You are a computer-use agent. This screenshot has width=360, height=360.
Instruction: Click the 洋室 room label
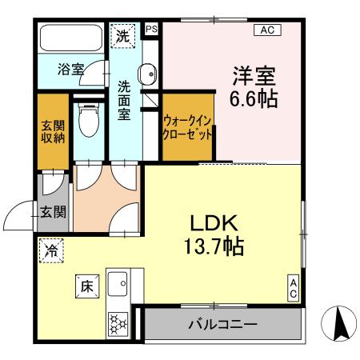click(254, 78)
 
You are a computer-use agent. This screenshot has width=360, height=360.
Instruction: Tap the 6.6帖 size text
click(254, 101)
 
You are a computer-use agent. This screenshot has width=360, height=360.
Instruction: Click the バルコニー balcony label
click(222, 325)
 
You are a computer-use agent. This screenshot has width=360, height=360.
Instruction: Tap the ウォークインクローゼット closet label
click(188, 127)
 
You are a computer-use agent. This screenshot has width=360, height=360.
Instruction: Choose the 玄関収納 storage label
click(53, 131)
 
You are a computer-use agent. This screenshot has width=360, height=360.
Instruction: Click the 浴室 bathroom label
click(70, 70)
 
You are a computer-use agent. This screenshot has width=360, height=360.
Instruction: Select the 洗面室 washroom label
click(125, 100)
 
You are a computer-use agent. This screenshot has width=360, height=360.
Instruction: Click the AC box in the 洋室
click(266, 30)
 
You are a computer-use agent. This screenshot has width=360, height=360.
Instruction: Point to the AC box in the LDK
click(294, 289)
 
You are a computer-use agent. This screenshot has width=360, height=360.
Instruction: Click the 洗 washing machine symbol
click(123, 36)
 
